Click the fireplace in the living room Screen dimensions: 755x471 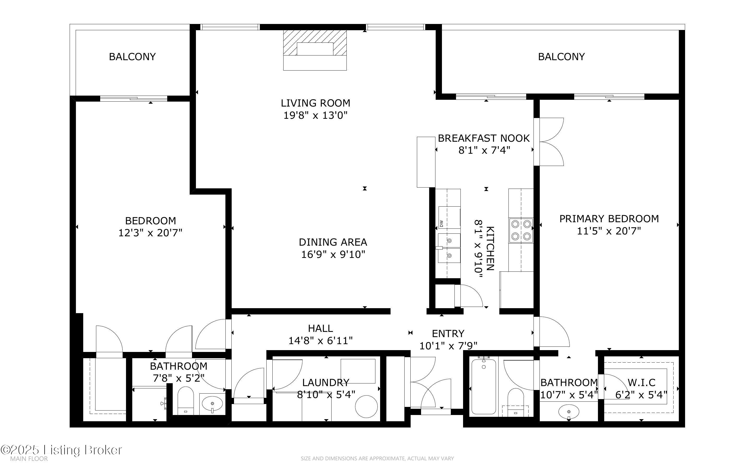[x=315, y=50]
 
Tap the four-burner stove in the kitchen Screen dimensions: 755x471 [x=521, y=230]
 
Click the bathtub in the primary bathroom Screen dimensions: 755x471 [x=484, y=387]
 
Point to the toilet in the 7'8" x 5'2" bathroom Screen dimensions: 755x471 [x=185, y=401]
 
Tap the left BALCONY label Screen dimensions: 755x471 [x=132, y=57]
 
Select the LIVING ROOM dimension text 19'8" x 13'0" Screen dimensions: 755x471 [x=315, y=116]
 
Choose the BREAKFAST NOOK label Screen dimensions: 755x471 [x=484, y=138]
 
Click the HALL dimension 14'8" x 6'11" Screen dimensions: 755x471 [x=320, y=341]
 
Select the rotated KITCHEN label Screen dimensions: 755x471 [x=490, y=248]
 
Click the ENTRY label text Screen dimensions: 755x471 [x=448, y=334]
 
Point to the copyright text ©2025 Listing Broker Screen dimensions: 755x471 [x=61, y=450]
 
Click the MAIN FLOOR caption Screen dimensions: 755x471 [x=29, y=459]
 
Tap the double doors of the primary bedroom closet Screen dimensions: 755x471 [x=549, y=142]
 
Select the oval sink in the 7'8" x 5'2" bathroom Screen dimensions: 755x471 [x=212, y=404]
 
